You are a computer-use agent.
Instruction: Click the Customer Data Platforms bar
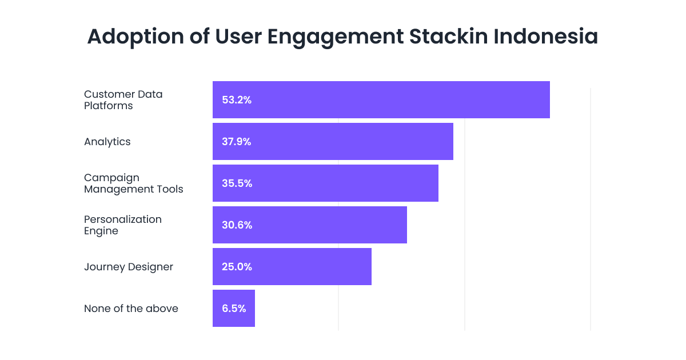[381, 100]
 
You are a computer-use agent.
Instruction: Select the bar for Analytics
[333, 142]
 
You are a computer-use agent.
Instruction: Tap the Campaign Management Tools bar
[325, 183]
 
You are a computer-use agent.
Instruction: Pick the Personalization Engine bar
[309, 225]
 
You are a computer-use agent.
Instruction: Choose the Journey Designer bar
[292, 267]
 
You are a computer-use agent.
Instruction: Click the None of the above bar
[233, 309]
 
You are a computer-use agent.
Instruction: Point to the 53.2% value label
[237, 100]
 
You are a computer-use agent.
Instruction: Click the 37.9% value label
[237, 142]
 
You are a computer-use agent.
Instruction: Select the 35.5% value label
[237, 183]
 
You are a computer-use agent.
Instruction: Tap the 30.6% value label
[237, 225]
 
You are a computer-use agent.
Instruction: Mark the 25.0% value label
[237, 267]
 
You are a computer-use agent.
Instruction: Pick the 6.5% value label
[234, 309]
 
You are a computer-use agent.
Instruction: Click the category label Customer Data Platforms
[123, 100]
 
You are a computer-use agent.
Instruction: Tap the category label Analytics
[107, 142]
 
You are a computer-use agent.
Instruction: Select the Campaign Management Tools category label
[133, 183]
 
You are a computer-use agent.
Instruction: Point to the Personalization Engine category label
[122, 225]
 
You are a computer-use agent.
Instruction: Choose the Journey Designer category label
[128, 267]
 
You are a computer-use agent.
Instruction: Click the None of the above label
[131, 309]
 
